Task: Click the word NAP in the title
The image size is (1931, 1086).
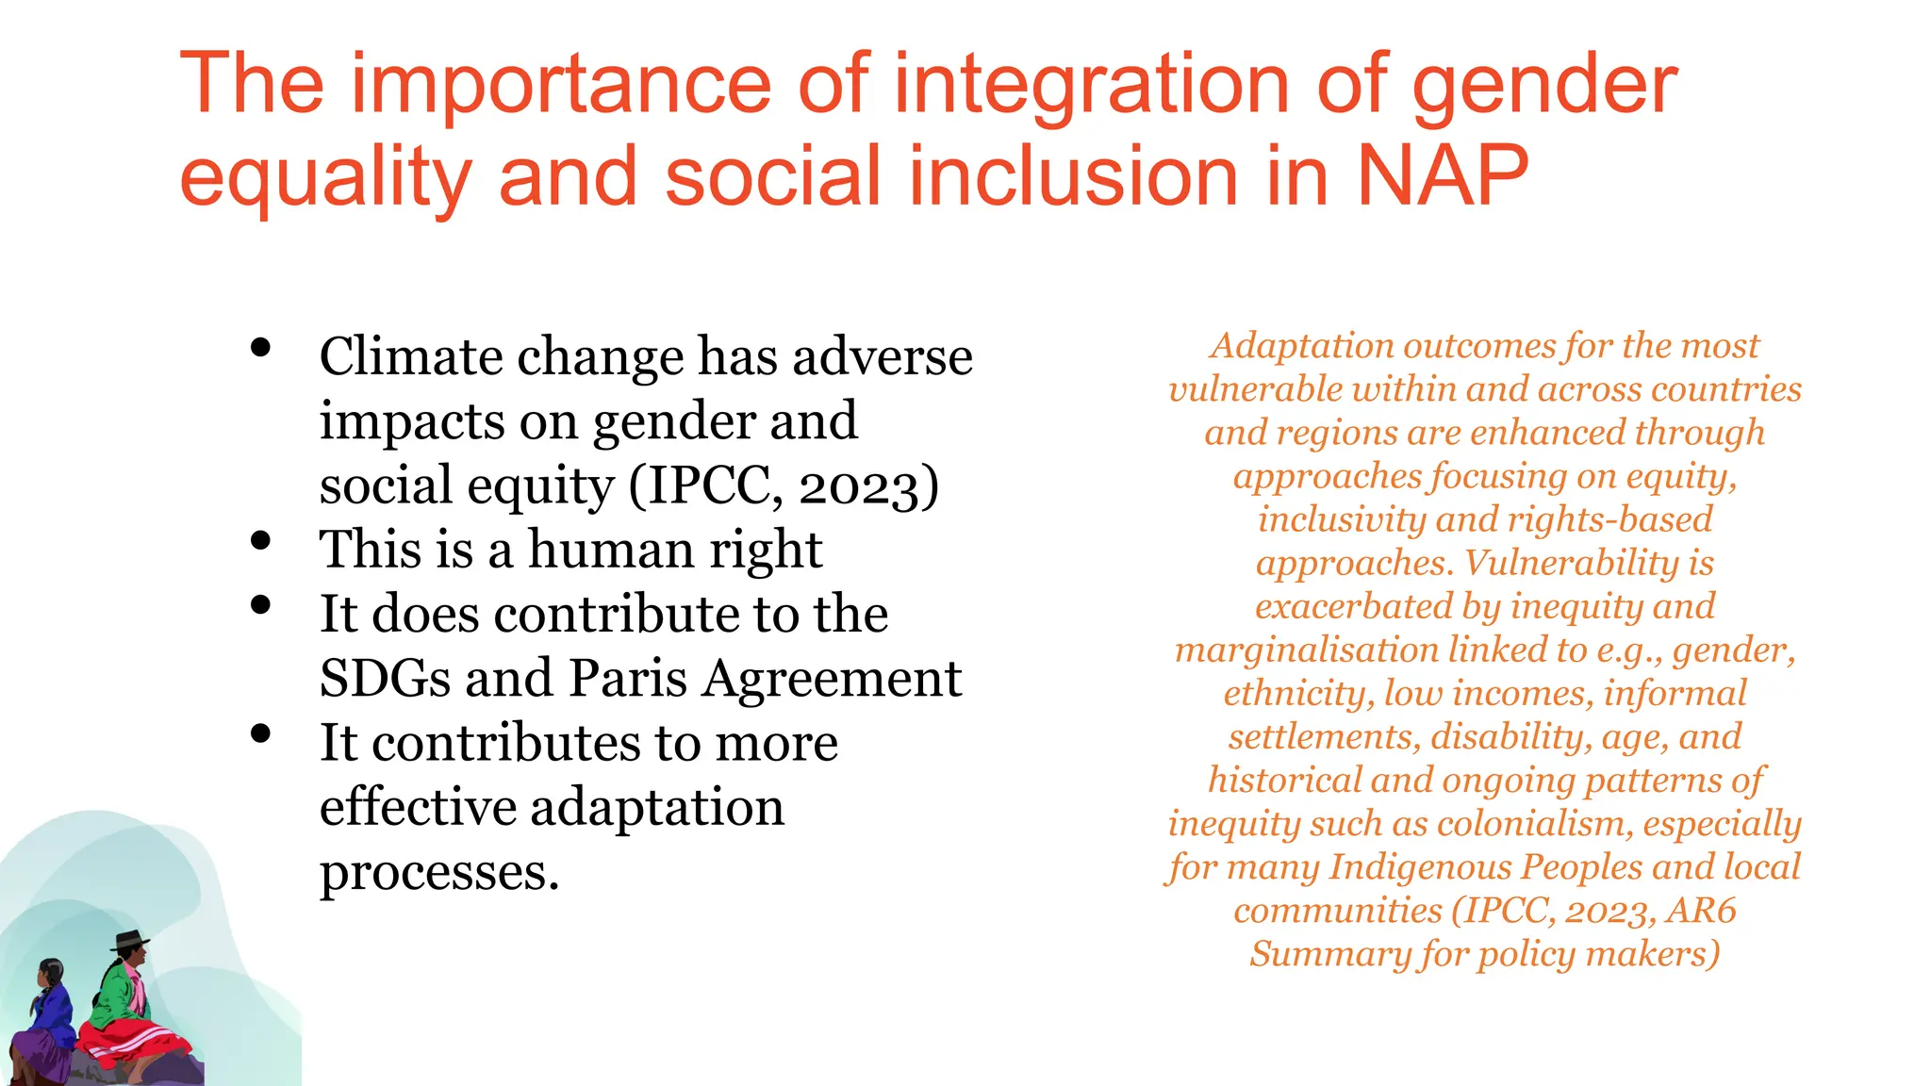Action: point(1443,176)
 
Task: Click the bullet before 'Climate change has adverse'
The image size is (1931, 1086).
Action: point(261,348)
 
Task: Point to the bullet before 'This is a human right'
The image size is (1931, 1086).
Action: point(261,541)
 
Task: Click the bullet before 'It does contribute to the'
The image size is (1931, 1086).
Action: point(261,605)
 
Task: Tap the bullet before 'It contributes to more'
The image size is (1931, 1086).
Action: point(261,733)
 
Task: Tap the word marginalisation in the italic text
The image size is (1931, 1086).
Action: point(1306,650)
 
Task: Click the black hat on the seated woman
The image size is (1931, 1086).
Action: point(130,939)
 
